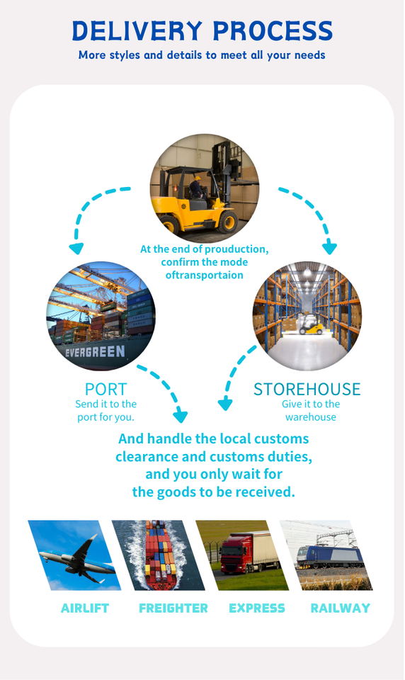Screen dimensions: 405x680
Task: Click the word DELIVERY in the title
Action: pos(137,30)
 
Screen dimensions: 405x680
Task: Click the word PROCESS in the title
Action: pos(273,30)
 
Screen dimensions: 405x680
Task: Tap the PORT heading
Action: pos(105,390)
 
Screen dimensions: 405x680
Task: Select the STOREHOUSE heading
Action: pos(307,390)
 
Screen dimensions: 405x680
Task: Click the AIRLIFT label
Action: pos(85,608)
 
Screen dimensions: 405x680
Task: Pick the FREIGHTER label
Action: pos(173,608)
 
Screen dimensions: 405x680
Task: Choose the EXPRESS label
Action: pos(257,608)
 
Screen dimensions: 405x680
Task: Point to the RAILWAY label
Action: pos(341,608)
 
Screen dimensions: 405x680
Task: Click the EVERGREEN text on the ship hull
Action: pos(95,351)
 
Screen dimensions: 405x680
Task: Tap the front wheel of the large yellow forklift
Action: pos(228,222)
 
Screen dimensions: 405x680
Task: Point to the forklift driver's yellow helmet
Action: pos(198,178)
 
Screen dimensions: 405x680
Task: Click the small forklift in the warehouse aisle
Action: pos(310,325)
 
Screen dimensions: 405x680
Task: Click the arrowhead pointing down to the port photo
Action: pos(76,249)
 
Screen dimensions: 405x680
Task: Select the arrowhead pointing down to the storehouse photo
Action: pos(329,249)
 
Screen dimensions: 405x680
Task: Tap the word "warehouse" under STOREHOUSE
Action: pos(310,417)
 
